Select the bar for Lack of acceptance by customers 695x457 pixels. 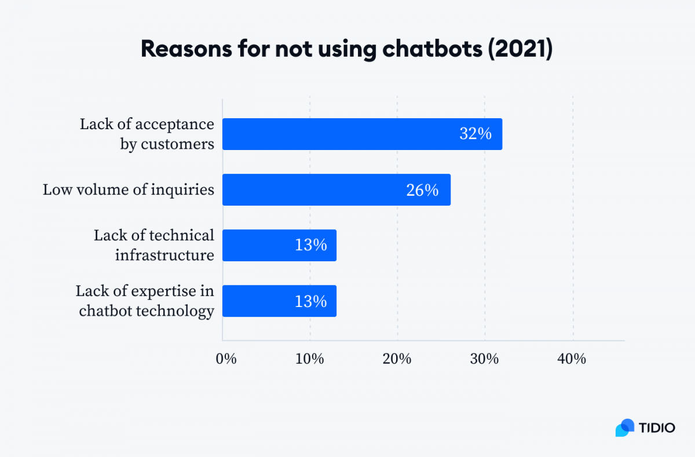coord(362,134)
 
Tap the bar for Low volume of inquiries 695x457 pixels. coord(336,190)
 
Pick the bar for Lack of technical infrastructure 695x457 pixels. coord(279,246)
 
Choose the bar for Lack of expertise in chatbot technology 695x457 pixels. coord(279,301)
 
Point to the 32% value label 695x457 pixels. coord(475,134)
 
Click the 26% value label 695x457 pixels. coord(422,190)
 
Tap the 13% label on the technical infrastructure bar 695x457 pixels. coord(310,246)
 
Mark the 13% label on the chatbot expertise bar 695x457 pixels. coord(310,301)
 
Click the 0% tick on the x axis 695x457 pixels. coord(226,359)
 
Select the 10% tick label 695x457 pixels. coord(310,359)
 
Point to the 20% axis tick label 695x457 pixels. coord(397,359)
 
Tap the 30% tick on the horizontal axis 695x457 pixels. coord(485,359)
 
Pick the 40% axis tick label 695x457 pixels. coord(572,359)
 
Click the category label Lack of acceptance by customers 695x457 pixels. coord(147,134)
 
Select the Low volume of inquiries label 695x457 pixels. coord(129,190)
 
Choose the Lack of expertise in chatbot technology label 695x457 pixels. coord(145,301)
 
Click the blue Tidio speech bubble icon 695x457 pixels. coord(625,427)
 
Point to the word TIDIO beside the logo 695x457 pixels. coord(657,428)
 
